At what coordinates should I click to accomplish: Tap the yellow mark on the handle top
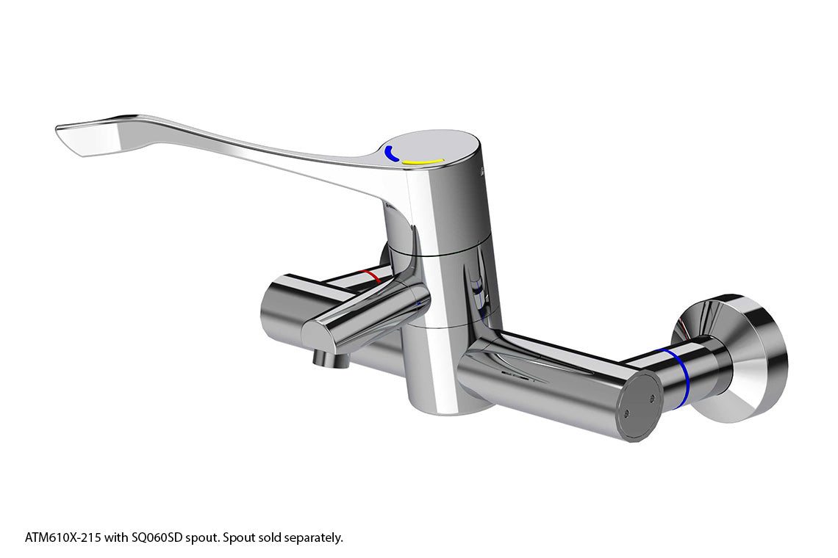tap(423, 162)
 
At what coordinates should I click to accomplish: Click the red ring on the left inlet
tap(370, 276)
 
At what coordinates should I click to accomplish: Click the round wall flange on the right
tap(735, 357)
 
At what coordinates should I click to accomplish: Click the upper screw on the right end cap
tap(652, 397)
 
